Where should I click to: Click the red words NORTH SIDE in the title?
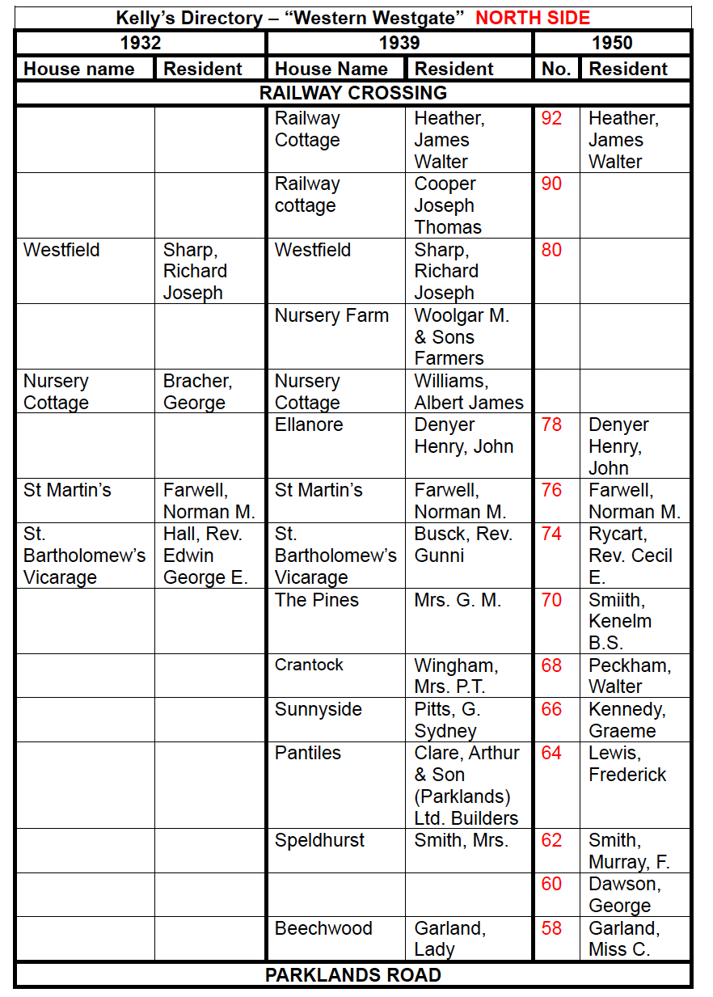(x=533, y=18)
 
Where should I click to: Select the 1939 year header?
(x=399, y=43)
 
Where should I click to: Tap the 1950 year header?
(x=612, y=43)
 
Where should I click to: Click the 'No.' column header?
(x=556, y=69)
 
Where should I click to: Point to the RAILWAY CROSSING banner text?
(x=353, y=93)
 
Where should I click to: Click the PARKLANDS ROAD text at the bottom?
(x=353, y=974)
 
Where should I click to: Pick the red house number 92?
(x=551, y=118)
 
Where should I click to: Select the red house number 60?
(x=551, y=884)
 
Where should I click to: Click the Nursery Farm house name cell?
(x=331, y=315)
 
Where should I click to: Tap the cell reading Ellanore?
(x=309, y=425)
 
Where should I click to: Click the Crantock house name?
(x=309, y=665)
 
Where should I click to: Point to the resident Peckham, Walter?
(x=630, y=675)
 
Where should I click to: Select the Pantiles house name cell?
(x=308, y=753)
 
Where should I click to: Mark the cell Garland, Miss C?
(x=623, y=938)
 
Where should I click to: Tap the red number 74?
(x=551, y=534)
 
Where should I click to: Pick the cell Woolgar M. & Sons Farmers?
(x=462, y=336)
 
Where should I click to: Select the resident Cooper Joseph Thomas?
(x=448, y=205)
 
